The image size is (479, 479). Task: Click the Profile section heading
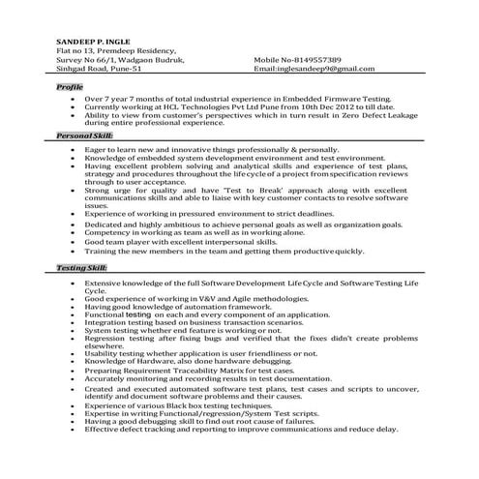[x=70, y=87]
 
